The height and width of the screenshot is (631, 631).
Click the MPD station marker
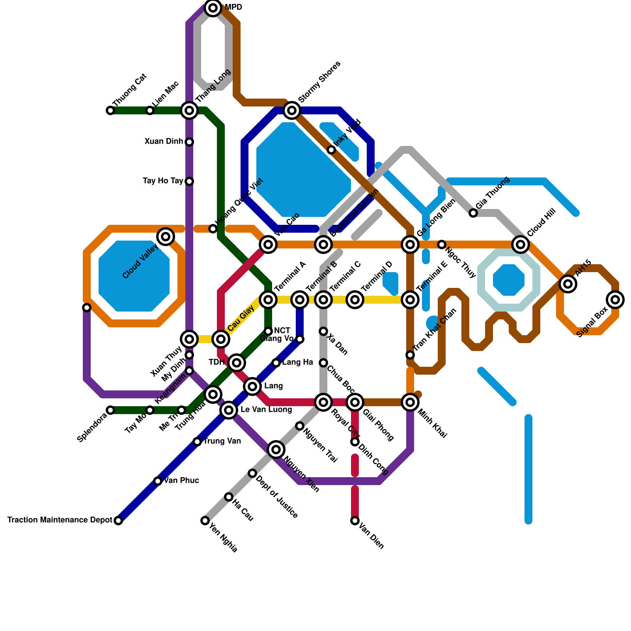click(x=213, y=8)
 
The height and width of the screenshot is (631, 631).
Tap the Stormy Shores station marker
click(x=292, y=110)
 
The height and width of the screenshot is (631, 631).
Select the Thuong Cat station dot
click(x=110, y=110)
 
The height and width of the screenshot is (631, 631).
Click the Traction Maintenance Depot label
click(x=60, y=520)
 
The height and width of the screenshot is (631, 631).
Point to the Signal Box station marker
click(x=615, y=300)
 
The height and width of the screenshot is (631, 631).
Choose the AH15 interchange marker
click(x=568, y=284)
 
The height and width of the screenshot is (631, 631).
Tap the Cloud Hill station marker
click(x=521, y=245)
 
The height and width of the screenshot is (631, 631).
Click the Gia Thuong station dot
click(x=473, y=213)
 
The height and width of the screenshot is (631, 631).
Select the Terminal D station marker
click(x=355, y=300)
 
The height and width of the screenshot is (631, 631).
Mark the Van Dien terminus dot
click(x=355, y=521)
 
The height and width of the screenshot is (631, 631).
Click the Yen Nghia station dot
click(x=205, y=521)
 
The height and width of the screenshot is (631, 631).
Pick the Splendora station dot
click(x=110, y=410)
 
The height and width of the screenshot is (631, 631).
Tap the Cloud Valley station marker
click(x=166, y=237)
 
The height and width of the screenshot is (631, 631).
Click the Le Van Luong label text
click(x=266, y=410)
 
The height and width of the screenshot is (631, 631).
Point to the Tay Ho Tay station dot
click(x=189, y=181)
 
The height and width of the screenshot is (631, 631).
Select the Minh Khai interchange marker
click(x=410, y=402)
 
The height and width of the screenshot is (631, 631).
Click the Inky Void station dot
click(x=331, y=150)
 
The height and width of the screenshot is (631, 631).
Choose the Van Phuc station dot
click(x=158, y=481)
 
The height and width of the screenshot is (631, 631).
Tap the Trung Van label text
click(x=222, y=441)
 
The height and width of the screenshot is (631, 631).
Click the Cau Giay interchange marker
click(x=221, y=339)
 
